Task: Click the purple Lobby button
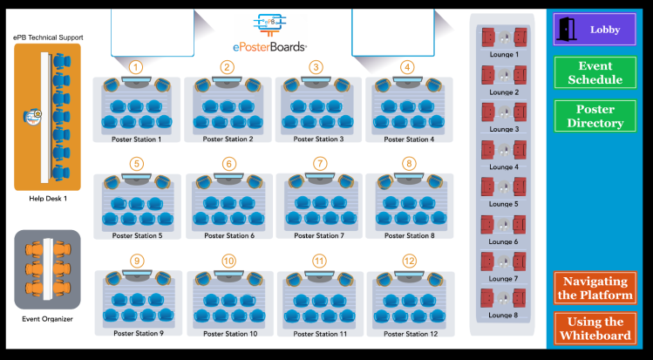click(x=595, y=29)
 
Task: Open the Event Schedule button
click(x=595, y=72)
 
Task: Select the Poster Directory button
click(x=595, y=116)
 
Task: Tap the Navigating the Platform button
click(x=595, y=288)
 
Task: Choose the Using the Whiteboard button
click(x=595, y=329)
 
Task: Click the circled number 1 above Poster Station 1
click(x=136, y=66)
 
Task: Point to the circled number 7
click(x=320, y=163)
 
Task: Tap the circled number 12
click(x=410, y=261)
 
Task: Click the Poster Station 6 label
click(x=228, y=235)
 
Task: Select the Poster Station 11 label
click(x=319, y=334)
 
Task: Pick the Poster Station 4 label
click(x=408, y=139)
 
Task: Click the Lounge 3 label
click(x=503, y=129)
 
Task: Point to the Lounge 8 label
click(x=503, y=316)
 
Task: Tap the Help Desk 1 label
click(x=48, y=198)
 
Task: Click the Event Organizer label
click(x=47, y=318)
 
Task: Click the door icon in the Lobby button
click(x=568, y=29)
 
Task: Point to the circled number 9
click(x=137, y=261)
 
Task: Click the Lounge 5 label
click(x=503, y=204)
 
